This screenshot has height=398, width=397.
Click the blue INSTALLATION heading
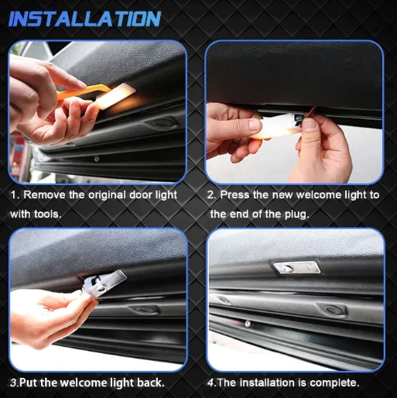[x=84, y=19]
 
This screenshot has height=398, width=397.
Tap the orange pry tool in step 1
[x=85, y=92]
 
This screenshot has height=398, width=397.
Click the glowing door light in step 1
[x=116, y=96]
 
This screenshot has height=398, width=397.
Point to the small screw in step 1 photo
[x=97, y=159]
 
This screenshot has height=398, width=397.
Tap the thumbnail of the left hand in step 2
[x=255, y=125]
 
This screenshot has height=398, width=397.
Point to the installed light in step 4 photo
[x=296, y=267]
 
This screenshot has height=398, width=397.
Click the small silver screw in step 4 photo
[x=248, y=324]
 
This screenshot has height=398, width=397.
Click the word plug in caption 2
[x=296, y=214]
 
